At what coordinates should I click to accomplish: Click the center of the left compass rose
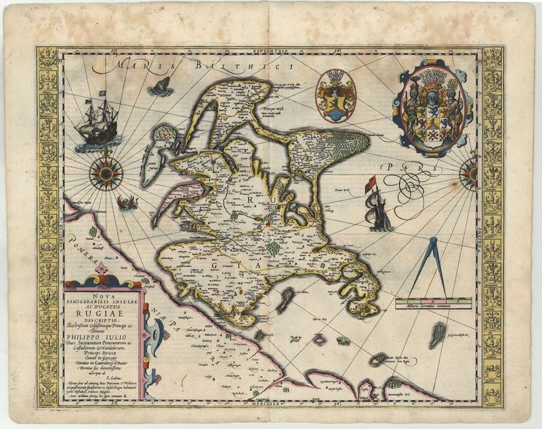click(x=106, y=173)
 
